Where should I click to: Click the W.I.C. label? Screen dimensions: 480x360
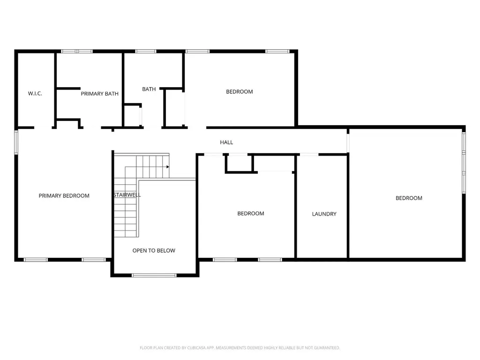[x=35, y=93]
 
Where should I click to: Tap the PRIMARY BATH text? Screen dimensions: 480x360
[x=99, y=94]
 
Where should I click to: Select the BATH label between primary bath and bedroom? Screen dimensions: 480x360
[x=149, y=89]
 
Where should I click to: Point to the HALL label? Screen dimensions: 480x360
[x=226, y=142]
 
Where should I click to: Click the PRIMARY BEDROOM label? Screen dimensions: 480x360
[x=64, y=195]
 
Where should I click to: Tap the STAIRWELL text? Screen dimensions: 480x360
[x=127, y=195]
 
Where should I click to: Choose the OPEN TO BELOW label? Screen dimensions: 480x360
[x=154, y=250]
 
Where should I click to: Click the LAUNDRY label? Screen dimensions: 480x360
[x=324, y=214]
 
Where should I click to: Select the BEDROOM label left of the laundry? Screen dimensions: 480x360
[x=251, y=213]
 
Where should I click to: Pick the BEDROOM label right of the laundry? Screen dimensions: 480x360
[x=409, y=198]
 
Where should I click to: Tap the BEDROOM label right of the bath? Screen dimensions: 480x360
[x=240, y=91]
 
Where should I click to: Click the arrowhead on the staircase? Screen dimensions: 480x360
[x=168, y=167]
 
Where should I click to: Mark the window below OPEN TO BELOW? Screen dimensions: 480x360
[x=154, y=276]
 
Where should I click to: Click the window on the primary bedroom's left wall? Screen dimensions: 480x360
[x=16, y=142]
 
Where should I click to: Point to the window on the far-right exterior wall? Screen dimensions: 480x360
[x=464, y=163]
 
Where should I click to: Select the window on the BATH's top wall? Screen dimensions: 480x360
[x=146, y=51]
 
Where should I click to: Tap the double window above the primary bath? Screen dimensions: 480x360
[x=77, y=51]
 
